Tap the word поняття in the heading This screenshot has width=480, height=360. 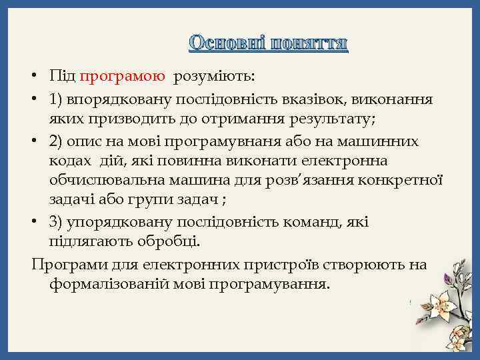pyautogui.click(x=309, y=43)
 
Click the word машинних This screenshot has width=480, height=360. pyautogui.click(x=384, y=141)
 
